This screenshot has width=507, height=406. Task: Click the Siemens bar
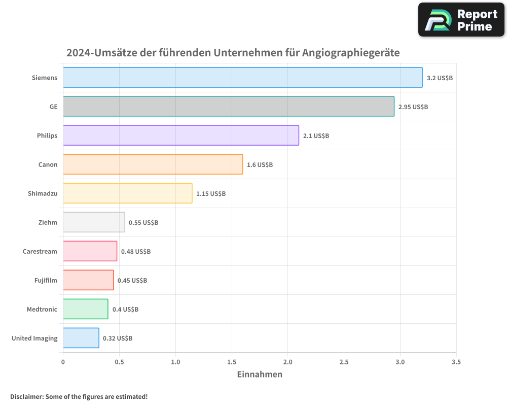point(242,78)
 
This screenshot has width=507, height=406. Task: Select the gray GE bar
point(228,107)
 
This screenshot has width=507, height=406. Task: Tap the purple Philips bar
point(180,136)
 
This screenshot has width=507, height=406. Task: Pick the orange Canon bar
point(153,164)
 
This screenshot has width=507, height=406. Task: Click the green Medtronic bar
point(85,309)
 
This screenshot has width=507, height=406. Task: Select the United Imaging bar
point(81,338)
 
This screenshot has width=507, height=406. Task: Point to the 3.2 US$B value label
point(440,78)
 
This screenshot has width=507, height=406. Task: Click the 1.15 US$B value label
point(211,194)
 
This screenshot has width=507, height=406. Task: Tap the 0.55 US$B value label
point(143,223)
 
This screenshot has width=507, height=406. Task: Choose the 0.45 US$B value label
point(132,281)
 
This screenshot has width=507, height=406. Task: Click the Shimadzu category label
point(43,193)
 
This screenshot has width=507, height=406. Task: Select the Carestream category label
point(40,251)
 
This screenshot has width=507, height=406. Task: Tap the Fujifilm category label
point(46,280)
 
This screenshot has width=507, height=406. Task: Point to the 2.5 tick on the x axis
point(344,362)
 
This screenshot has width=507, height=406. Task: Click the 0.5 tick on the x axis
point(119,362)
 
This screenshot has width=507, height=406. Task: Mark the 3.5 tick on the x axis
point(456,362)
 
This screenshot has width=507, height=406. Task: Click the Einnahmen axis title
point(260,375)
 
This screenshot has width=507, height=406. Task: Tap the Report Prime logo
point(461,20)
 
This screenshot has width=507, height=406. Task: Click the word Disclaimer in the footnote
point(26,397)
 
